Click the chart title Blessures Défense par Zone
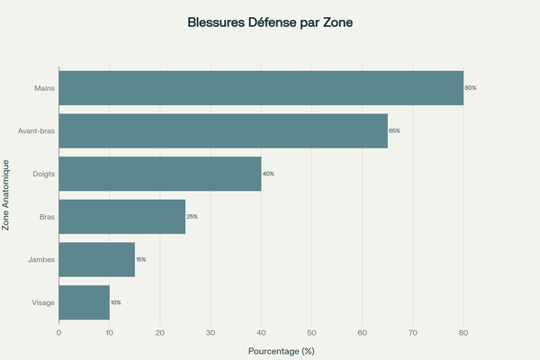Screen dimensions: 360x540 (270, 22)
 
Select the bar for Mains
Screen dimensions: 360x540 (261, 87)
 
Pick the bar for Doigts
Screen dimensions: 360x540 (160, 173)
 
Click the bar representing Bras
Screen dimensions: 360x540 (121, 216)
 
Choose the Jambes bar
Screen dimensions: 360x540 (96, 259)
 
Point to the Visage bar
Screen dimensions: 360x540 (84, 302)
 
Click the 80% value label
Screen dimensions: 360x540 (470, 87)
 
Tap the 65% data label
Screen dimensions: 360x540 (394, 130)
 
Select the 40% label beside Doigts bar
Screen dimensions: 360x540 (268, 173)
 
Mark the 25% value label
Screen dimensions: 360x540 (192, 216)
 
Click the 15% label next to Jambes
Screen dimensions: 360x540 (140, 259)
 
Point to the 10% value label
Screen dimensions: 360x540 (115, 302)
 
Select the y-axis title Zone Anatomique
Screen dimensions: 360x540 (6, 194)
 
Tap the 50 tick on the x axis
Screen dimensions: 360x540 (311, 333)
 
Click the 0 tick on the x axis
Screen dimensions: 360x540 (58, 333)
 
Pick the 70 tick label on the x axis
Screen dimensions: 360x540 (413, 333)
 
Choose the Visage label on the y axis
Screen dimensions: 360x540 (42, 302)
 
